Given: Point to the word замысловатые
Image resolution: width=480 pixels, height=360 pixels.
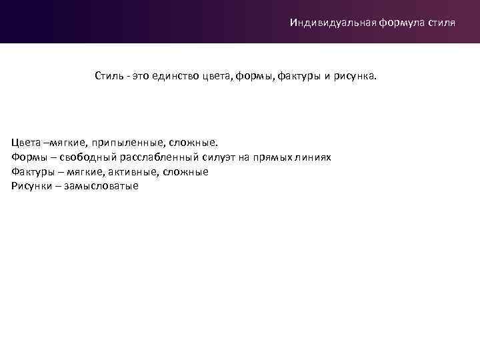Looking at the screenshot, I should click(x=101, y=186).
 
